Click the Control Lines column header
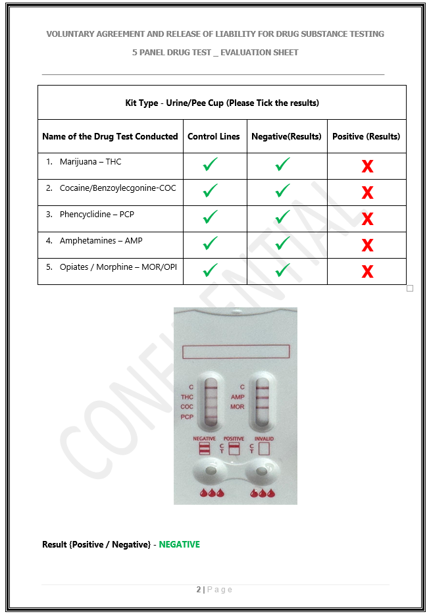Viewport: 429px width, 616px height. click(213, 136)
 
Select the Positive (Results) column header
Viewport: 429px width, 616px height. click(366, 136)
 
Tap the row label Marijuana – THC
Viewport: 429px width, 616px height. click(90, 162)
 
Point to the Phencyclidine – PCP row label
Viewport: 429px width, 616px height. click(97, 215)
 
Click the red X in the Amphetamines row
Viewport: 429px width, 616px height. click(367, 245)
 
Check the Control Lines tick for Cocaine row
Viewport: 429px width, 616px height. click(211, 190)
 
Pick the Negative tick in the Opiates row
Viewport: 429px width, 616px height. click(283, 270)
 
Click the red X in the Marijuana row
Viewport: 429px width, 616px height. click(367, 167)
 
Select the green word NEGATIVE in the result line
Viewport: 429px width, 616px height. click(179, 544)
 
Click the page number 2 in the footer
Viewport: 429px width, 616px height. click(199, 589)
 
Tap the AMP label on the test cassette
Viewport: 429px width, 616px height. click(238, 398)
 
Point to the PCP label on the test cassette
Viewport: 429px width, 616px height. click(187, 417)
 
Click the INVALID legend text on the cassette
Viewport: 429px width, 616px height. click(264, 438)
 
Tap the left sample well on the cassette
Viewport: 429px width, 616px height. click(211, 471)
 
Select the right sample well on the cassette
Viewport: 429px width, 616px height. click(261, 471)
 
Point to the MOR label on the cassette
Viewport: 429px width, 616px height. click(238, 407)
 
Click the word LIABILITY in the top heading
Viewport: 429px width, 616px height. click(235, 34)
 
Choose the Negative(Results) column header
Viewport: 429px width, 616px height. click(286, 136)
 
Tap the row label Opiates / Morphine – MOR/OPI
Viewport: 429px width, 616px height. click(118, 267)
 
